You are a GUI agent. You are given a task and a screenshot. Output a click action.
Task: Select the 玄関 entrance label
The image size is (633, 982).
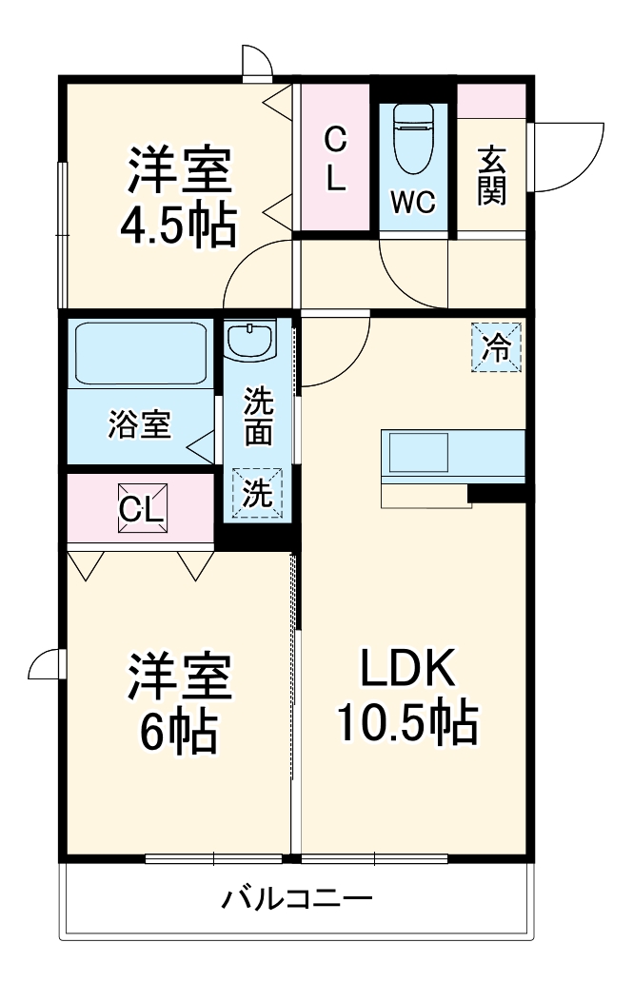(491, 175)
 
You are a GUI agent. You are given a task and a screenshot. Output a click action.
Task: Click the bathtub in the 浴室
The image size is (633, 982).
(140, 354)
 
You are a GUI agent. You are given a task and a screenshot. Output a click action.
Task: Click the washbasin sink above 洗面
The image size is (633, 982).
(251, 339)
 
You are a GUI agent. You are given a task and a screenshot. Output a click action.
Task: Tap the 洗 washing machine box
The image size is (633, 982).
(258, 494)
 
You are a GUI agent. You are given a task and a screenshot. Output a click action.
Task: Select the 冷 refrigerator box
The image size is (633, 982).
(496, 347)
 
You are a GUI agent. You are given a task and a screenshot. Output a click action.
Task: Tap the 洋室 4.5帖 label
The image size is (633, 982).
(179, 197)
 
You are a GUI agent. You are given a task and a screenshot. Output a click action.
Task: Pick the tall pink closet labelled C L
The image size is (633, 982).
(334, 158)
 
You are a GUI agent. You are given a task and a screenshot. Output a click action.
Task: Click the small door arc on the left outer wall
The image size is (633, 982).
(46, 664)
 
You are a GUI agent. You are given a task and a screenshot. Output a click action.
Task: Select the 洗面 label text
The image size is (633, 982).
(257, 417)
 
